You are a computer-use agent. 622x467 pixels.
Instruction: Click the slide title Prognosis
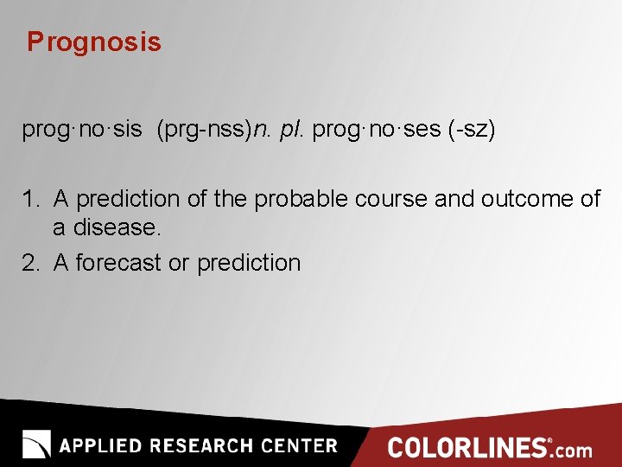[x=93, y=42]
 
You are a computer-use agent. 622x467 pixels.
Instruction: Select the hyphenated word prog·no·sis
[x=81, y=131]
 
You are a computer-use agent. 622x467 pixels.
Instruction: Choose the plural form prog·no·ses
[x=377, y=131]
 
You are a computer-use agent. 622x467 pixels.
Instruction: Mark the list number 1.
[x=30, y=200]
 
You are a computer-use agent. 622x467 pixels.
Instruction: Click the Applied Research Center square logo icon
[x=36, y=444]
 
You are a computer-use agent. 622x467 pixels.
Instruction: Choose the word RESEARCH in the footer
[x=202, y=446]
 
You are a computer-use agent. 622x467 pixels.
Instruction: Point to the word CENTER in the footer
[x=298, y=446]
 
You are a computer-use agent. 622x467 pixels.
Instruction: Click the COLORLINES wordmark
[x=466, y=448]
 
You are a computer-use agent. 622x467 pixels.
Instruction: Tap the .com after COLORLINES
[x=573, y=450]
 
